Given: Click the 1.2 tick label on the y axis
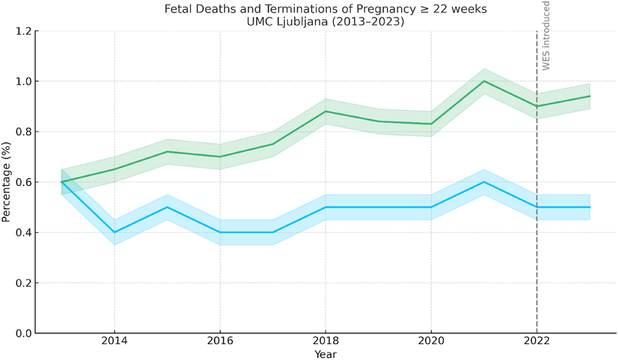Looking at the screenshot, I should pos(23,31).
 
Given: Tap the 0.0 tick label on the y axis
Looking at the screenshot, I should pos(23,333).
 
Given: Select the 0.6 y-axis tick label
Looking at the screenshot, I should pos(23,182).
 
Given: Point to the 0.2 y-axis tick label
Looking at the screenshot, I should pos(23,283).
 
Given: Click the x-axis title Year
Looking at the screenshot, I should pos(325,354).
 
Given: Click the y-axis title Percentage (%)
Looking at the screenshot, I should pos(7,182).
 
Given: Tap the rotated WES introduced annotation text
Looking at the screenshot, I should pos(546,35).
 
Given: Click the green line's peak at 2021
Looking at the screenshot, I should pos(484,81).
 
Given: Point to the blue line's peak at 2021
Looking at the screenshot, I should pos(484,182).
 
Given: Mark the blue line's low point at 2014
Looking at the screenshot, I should pos(114,232).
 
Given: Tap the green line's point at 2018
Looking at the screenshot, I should pos(325,111).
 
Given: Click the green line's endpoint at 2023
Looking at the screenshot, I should pos(590,96).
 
